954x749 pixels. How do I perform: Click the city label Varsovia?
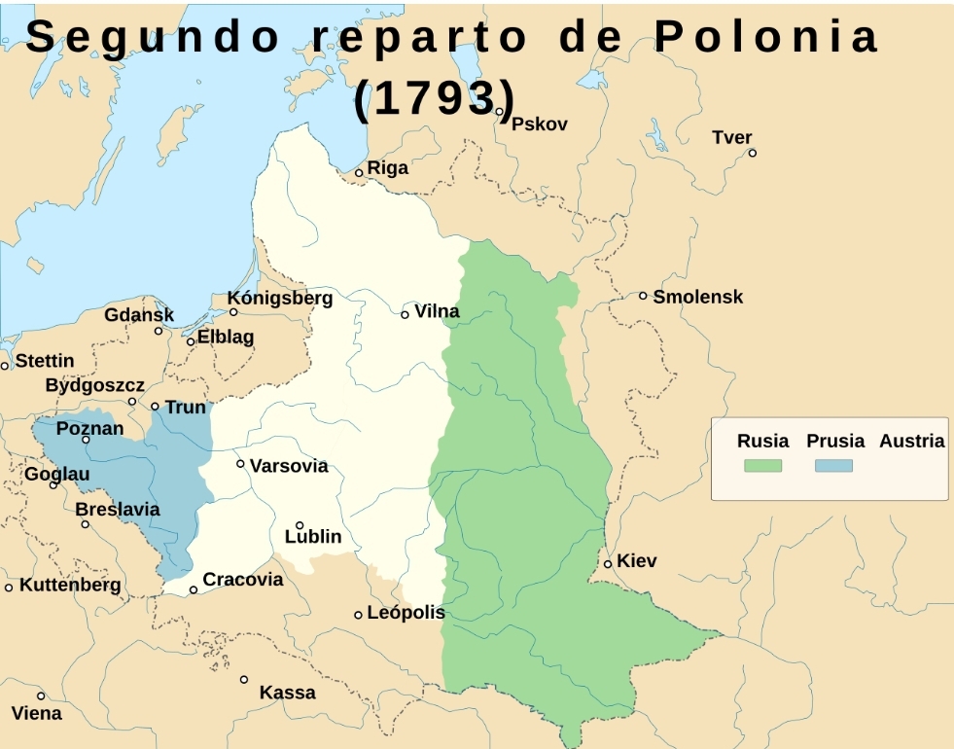pyautogui.click(x=289, y=466)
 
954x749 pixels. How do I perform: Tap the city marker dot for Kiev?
pyautogui.click(x=608, y=564)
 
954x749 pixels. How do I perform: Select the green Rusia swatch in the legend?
pyautogui.click(x=762, y=466)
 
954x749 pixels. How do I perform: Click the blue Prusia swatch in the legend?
pyautogui.click(x=833, y=466)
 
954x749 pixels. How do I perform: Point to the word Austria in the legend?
pyautogui.click(x=911, y=441)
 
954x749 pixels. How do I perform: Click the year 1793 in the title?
pyautogui.click(x=434, y=99)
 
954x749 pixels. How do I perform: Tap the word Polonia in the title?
pyautogui.click(x=766, y=37)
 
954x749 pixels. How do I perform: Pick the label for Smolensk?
pyautogui.click(x=697, y=297)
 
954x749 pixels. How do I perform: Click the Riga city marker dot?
pyautogui.click(x=359, y=173)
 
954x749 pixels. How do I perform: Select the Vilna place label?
pyautogui.click(x=437, y=311)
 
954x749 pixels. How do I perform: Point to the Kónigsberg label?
pyautogui.click(x=280, y=298)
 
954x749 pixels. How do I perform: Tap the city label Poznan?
pyautogui.click(x=90, y=428)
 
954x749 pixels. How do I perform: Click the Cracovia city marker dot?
pyautogui.click(x=194, y=590)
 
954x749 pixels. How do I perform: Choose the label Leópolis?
pyautogui.click(x=406, y=613)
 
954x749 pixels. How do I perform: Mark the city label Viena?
pyautogui.click(x=37, y=713)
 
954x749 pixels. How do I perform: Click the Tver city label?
pyautogui.click(x=732, y=137)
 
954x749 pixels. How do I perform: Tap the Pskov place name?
pyautogui.click(x=539, y=125)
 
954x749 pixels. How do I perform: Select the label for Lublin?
pyautogui.click(x=313, y=537)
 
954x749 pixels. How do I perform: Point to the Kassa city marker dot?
pyautogui.click(x=244, y=680)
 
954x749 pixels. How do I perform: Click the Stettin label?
pyautogui.click(x=45, y=361)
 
